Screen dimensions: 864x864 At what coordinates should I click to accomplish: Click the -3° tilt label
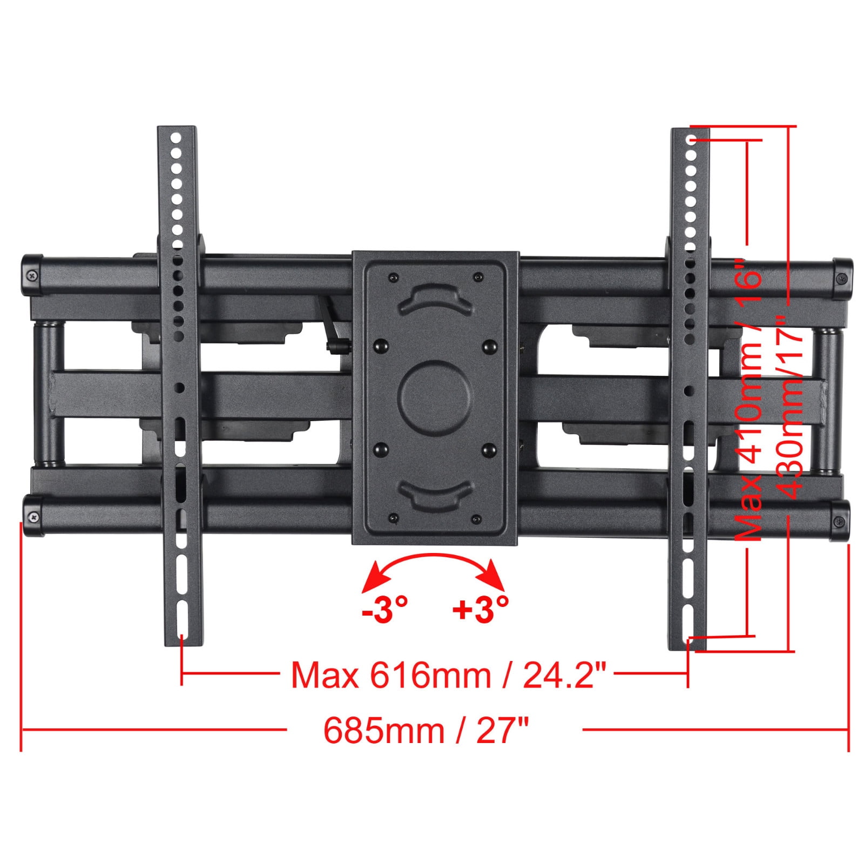(x=384, y=610)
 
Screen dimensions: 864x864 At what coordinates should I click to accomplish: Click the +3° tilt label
(x=480, y=610)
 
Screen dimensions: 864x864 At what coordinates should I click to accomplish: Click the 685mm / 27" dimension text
(x=426, y=731)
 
